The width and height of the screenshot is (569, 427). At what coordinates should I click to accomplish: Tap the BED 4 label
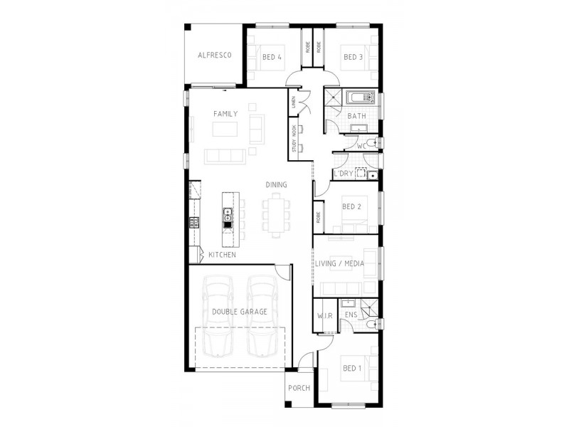click(272, 57)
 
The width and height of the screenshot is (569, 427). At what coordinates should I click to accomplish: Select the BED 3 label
click(353, 57)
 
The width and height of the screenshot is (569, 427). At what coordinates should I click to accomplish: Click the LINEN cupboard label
click(293, 104)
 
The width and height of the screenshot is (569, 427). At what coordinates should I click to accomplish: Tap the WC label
click(361, 147)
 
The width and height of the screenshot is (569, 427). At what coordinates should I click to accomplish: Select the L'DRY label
click(344, 174)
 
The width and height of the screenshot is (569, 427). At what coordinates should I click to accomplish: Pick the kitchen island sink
click(228, 212)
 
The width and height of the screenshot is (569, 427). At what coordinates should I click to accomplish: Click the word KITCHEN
click(223, 255)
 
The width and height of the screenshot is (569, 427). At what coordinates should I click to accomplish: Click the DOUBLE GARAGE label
click(240, 312)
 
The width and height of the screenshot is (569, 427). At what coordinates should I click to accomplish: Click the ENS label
click(351, 314)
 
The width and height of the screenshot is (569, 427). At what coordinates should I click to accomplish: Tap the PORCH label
click(298, 389)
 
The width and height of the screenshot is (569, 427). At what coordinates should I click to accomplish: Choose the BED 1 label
click(351, 368)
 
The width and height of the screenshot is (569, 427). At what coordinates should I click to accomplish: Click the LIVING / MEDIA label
click(340, 263)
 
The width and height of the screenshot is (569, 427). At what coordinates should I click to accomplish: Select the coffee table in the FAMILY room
click(225, 130)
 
